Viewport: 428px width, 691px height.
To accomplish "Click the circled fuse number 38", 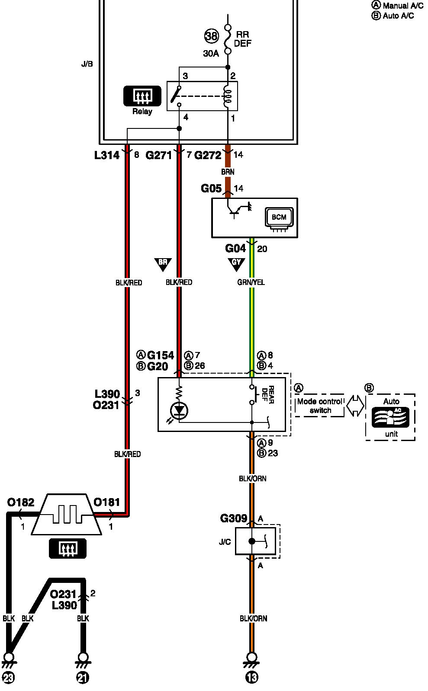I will [211, 36].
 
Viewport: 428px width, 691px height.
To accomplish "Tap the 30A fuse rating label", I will [211, 54].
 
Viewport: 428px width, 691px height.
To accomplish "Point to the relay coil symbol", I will [228, 96].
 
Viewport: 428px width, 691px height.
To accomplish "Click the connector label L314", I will [107, 155].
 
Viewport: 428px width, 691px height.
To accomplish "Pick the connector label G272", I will [208, 155].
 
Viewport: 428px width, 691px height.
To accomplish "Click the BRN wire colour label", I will [228, 172].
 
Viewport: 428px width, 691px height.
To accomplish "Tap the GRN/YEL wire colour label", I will [251, 282].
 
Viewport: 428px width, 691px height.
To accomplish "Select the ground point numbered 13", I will [251, 677].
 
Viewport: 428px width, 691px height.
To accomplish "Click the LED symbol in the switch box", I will [179, 410].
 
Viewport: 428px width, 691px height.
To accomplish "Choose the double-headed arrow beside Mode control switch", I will [356, 406].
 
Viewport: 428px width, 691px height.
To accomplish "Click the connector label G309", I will [234, 518].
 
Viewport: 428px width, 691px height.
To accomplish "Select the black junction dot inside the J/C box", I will [251, 541].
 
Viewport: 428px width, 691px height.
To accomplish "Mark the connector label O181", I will [106, 502].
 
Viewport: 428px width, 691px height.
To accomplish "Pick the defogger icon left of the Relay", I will [142, 96].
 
